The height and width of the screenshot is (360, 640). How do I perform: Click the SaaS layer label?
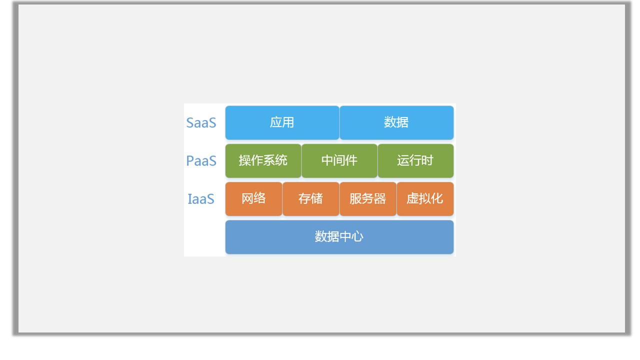[x=201, y=123]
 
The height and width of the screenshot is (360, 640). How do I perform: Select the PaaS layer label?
[x=201, y=161]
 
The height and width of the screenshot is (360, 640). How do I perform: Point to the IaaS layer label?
[x=201, y=199]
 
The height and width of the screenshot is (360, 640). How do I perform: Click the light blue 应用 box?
[x=282, y=122]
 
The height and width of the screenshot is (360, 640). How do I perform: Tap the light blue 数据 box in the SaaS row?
[x=396, y=122]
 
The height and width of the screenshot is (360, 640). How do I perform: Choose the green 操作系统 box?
[x=263, y=161]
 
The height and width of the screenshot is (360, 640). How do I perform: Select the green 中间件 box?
[x=339, y=161]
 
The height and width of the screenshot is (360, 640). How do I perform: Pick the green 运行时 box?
[x=415, y=161]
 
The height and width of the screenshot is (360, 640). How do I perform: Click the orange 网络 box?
[x=253, y=199]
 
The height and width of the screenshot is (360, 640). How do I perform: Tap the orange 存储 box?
[x=311, y=199]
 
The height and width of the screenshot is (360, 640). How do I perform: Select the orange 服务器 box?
[x=368, y=199]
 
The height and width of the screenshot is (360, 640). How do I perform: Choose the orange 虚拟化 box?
[x=425, y=199]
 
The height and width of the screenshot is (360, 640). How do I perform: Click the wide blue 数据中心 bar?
[x=339, y=237]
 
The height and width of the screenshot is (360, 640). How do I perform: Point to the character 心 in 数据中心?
[x=357, y=237]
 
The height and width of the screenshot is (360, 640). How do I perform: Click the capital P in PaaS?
[x=190, y=161]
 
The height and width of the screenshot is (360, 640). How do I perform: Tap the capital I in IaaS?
[x=189, y=199]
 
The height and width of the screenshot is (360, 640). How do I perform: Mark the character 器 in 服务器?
[x=380, y=199]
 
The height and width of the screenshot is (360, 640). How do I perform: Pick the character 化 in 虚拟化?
[x=437, y=199]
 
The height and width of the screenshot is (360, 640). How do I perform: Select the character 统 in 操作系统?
[x=281, y=160]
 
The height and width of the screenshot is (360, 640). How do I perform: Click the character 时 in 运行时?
[x=427, y=160]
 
